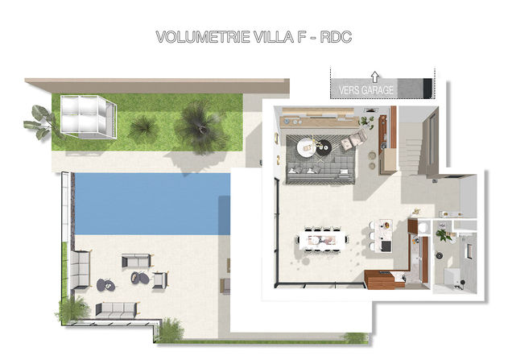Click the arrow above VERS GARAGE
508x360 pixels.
click(x=375, y=77)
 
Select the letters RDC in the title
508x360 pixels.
click(x=336, y=37)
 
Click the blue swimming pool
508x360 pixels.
click(x=152, y=204)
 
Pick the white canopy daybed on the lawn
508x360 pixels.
click(x=88, y=117)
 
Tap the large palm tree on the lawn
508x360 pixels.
click(x=201, y=126)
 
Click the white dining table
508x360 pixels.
click(x=322, y=240)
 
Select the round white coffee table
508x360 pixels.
click(x=306, y=147)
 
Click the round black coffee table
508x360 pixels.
click(x=323, y=147)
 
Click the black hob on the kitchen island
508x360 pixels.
click(x=386, y=246)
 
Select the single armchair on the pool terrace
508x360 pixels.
click(x=159, y=280)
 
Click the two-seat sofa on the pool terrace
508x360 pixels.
click(x=136, y=261)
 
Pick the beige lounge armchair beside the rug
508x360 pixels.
click(x=353, y=140)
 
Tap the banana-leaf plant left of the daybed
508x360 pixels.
click(x=39, y=122)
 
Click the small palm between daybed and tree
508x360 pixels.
click(x=144, y=127)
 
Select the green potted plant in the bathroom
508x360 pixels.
click(x=444, y=235)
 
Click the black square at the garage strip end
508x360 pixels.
click(x=427, y=88)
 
